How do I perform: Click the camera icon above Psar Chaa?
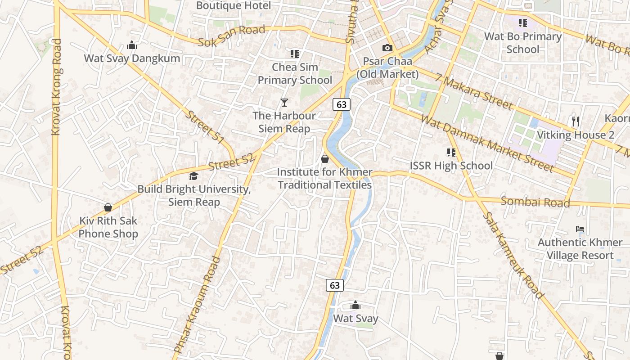point(387,48)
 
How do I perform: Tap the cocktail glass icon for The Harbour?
point(284,103)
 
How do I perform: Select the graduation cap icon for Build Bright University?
point(193,176)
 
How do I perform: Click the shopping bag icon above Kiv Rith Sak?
point(108,207)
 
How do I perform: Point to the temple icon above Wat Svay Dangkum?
point(132,45)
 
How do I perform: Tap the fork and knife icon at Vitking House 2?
point(575,121)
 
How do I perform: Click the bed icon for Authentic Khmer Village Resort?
point(580,229)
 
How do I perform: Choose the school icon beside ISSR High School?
point(451,153)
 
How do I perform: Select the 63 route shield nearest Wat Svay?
point(334,285)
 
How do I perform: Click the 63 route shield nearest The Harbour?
point(342,104)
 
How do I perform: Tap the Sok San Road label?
point(231,36)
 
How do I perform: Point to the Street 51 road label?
point(205,128)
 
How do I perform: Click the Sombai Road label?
point(535,202)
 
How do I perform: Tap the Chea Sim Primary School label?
point(295,74)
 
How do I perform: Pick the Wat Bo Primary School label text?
point(523,43)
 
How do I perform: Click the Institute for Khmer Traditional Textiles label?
point(324,179)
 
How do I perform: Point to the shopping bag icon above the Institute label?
point(325,159)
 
